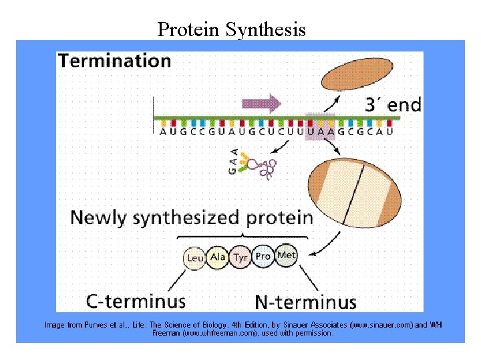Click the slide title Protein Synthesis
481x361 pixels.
[x=231, y=30]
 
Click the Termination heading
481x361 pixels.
[x=114, y=61]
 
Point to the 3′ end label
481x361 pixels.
[x=393, y=104]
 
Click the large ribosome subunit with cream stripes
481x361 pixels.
[x=354, y=193]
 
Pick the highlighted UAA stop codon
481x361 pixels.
[x=319, y=130]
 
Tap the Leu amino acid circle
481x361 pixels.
[x=195, y=258]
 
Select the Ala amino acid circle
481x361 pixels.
[x=218, y=257]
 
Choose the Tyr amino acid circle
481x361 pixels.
[x=240, y=257]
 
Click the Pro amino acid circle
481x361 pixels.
[x=263, y=257]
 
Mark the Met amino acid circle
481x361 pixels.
[x=286, y=256]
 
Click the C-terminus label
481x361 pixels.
[x=136, y=301]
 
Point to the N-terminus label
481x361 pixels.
[x=306, y=301]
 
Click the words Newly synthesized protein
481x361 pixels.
[x=192, y=217]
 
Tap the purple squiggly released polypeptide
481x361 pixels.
[x=269, y=170]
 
